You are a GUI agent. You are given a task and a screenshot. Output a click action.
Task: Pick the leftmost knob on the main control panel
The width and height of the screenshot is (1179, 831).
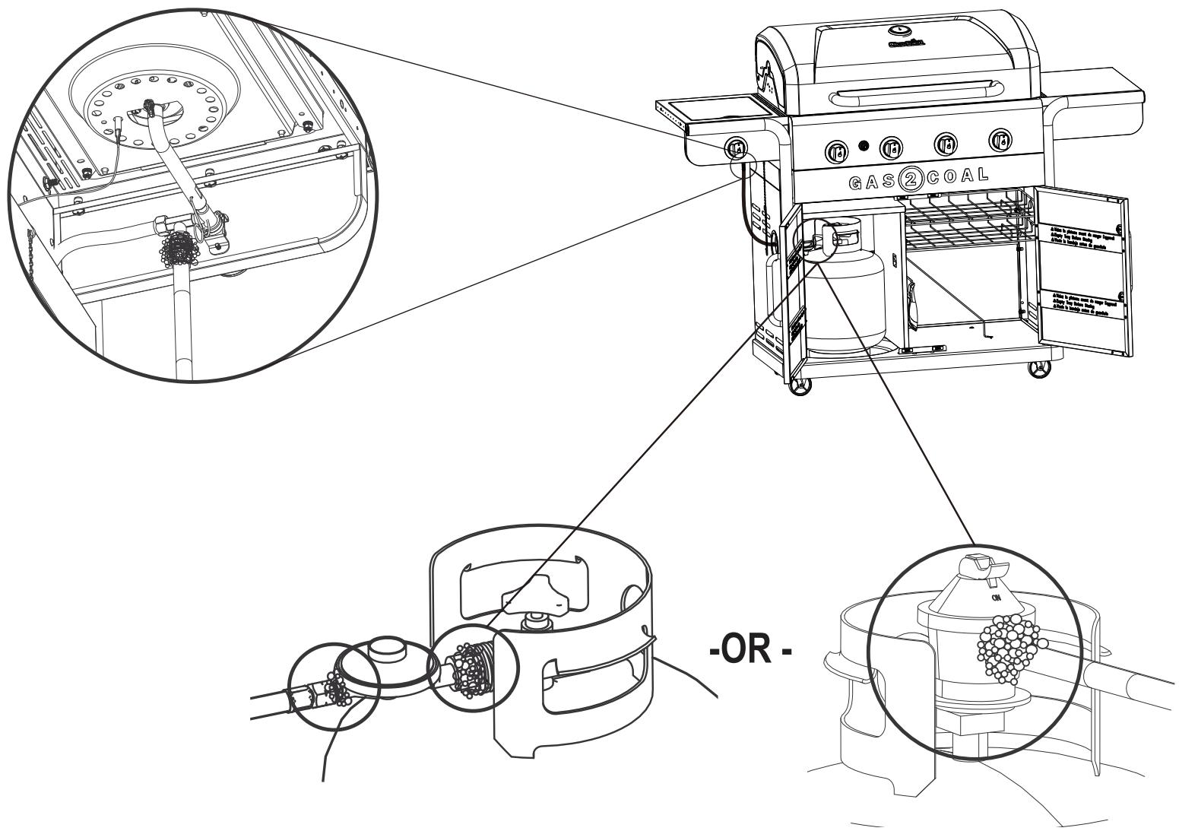coord(836,149)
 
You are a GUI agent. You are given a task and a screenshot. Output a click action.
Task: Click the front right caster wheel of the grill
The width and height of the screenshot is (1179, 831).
coord(1035,371)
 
